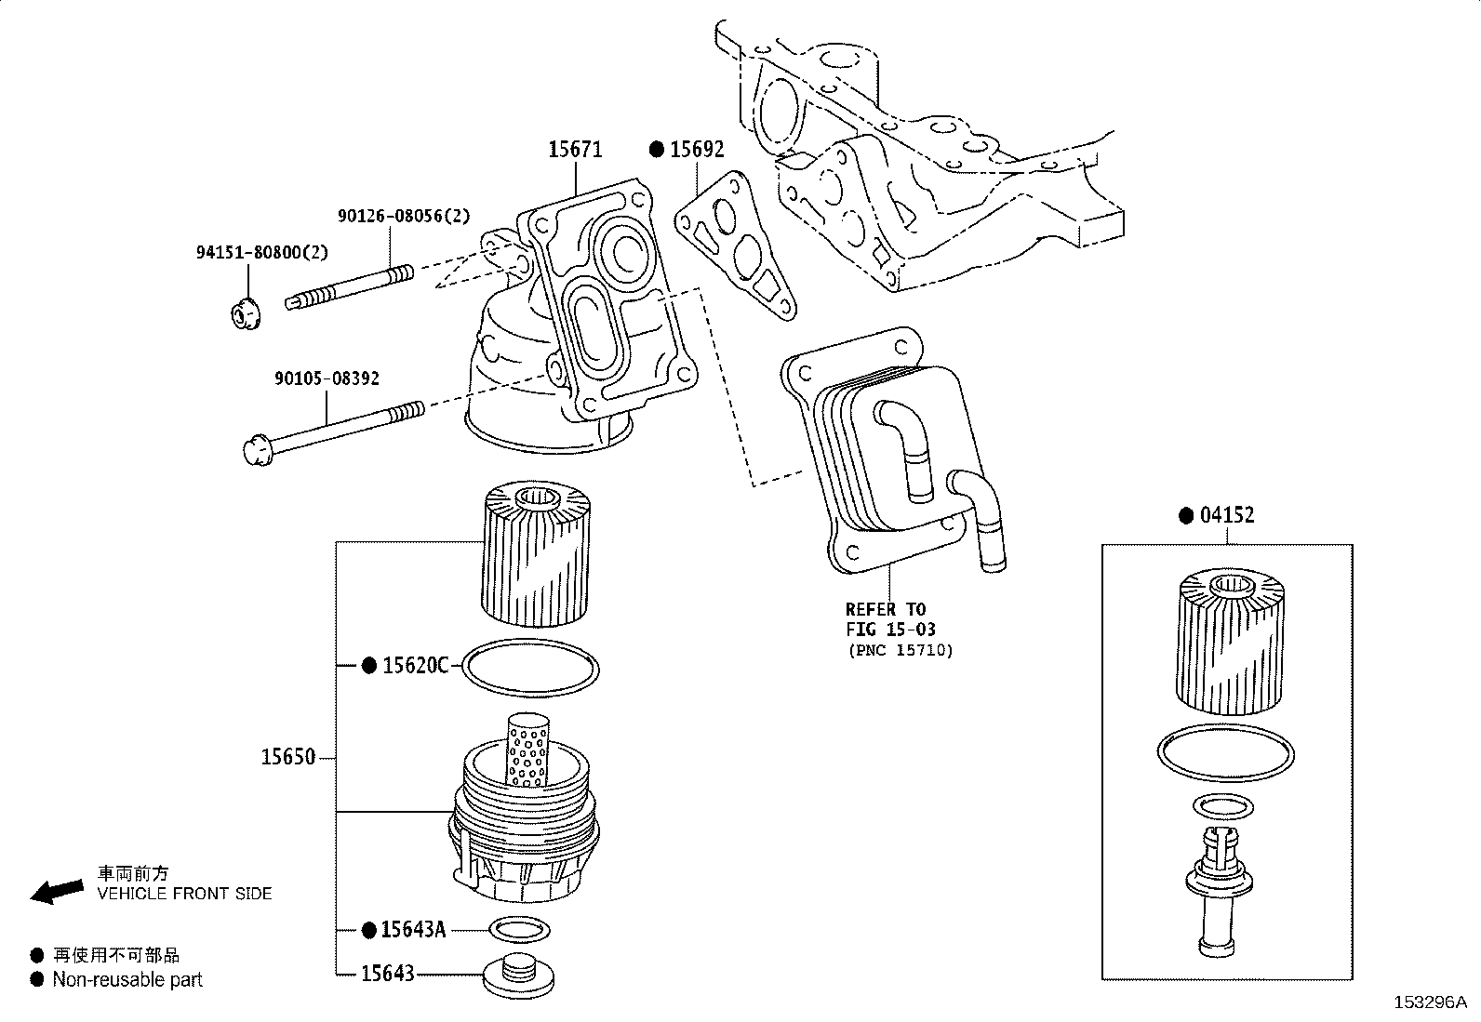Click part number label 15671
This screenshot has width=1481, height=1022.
tap(575, 150)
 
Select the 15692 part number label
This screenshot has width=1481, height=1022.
tap(697, 150)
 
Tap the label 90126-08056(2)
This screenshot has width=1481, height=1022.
tap(404, 216)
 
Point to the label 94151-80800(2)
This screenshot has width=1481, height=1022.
tap(261, 253)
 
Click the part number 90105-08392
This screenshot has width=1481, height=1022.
tap(327, 378)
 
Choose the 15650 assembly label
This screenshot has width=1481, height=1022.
tap(288, 757)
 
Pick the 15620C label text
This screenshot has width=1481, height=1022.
tap(416, 665)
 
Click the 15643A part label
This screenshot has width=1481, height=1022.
tap(413, 929)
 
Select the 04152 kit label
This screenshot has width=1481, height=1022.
tap(1227, 515)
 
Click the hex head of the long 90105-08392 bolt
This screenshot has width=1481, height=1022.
tap(258, 450)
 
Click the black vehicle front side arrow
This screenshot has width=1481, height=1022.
tap(57, 891)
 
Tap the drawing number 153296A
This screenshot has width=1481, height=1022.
tap(1431, 1002)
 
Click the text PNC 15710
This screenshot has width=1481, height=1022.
tap(901, 650)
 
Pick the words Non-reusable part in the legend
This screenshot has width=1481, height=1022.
tap(127, 979)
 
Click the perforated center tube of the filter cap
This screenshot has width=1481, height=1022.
tap(527, 750)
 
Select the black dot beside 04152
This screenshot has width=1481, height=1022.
tap(1186, 515)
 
